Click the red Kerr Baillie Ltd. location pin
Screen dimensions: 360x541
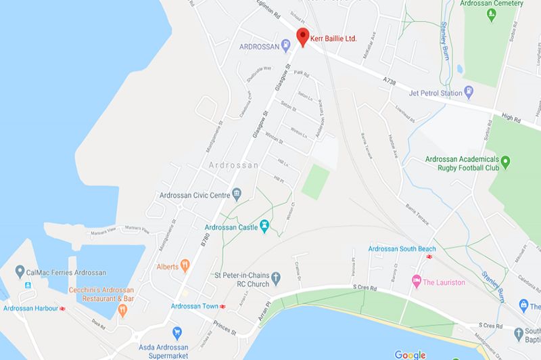click(x=302, y=37)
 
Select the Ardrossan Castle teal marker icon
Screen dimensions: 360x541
click(x=265, y=225)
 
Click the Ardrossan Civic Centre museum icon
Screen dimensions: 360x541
click(x=237, y=196)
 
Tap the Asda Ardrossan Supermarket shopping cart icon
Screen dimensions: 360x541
click(x=177, y=332)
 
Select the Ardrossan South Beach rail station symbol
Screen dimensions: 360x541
click(x=427, y=258)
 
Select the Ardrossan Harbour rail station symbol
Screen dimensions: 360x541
click(x=62, y=309)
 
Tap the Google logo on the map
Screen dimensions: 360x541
click(x=410, y=354)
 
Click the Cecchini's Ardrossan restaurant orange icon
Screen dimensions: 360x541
click(x=122, y=310)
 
